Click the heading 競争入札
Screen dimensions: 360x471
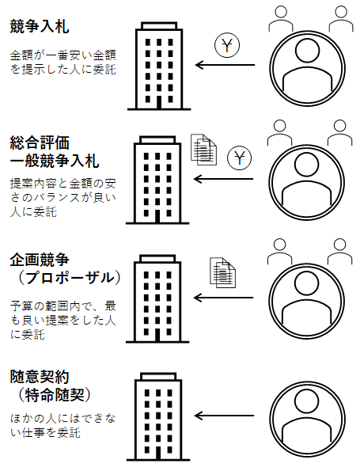40,26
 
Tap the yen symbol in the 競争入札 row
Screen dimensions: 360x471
227,46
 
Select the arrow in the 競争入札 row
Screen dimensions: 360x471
225,65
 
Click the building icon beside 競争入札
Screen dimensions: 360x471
159,66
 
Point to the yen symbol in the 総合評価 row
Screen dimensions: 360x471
239,158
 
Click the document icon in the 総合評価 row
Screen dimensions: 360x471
204,150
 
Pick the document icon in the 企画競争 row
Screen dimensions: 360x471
222,273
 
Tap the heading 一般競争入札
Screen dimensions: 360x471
55,161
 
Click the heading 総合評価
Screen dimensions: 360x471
40,142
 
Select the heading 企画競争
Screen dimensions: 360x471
40,260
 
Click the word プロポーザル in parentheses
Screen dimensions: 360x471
70,278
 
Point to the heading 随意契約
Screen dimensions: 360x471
40,377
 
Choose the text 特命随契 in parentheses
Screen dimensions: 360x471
55,395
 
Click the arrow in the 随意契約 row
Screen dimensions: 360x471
224,416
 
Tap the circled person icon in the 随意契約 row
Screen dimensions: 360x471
307,420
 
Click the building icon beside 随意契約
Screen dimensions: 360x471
158,416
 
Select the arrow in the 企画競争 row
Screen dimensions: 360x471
224,298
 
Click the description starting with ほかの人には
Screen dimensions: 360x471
63,426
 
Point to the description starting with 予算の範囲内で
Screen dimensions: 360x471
63,321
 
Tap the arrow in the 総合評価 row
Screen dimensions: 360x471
224,179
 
